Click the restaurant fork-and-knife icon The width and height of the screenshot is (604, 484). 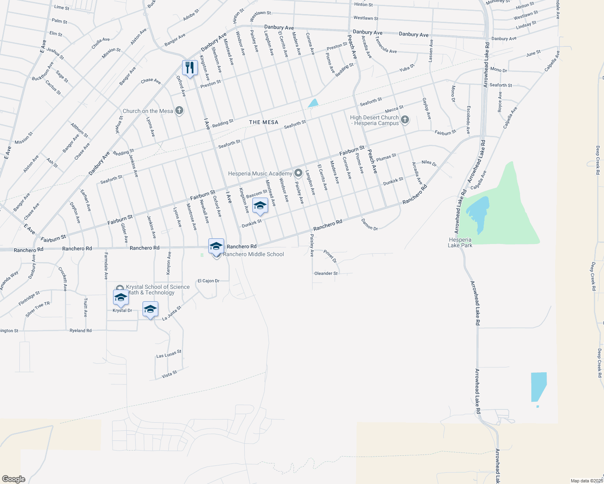190,68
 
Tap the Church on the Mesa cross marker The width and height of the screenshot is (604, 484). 179,111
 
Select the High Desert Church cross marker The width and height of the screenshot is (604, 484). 405,119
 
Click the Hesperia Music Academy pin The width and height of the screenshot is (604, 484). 298,173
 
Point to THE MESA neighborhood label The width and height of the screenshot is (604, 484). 264,122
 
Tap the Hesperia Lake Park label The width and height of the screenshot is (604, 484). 460,242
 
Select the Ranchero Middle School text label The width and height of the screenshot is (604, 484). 253,254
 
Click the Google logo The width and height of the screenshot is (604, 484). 13,479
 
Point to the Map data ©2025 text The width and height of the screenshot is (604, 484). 586,481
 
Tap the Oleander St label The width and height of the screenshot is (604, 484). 326,273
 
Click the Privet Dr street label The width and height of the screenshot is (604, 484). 330,256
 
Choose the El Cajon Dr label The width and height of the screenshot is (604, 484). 208,281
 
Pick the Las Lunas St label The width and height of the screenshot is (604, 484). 169,354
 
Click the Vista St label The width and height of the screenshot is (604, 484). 169,375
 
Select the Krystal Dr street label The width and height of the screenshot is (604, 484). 122,311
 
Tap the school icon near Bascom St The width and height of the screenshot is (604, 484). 260,206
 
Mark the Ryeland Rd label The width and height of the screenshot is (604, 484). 80,331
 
